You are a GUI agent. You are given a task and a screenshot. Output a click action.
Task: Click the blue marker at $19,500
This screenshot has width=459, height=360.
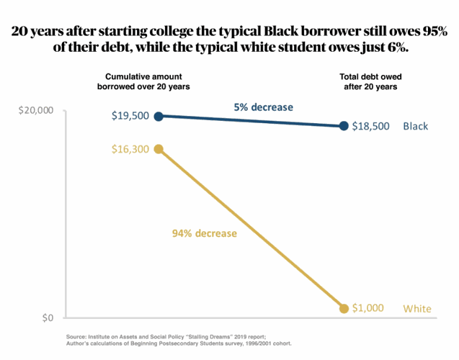(x=159, y=116)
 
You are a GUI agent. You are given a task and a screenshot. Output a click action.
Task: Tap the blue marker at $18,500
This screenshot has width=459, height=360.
(x=344, y=126)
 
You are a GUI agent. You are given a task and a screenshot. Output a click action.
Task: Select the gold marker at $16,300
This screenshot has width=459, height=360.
(x=159, y=149)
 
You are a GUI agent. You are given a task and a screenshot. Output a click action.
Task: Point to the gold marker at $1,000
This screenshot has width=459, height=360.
(x=344, y=308)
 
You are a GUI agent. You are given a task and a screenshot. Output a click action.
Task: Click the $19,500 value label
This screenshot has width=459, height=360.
(x=130, y=116)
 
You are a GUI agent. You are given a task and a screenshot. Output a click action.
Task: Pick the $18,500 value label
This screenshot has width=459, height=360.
(x=371, y=126)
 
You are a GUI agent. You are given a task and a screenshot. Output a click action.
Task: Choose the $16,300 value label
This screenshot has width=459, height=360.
(x=130, y=149)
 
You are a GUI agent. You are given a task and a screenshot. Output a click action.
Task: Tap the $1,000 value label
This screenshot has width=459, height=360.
(x=368, y=308)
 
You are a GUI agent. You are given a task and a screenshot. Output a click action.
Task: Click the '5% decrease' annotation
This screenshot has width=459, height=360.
(x=263, y=107)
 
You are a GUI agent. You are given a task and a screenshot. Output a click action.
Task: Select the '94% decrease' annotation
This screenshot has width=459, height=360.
(x=205, y=233)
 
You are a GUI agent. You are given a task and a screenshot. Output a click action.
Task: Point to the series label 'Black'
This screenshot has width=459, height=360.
(x=416, y=126)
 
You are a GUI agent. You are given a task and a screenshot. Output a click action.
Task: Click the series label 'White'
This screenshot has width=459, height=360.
(x=416, y=309)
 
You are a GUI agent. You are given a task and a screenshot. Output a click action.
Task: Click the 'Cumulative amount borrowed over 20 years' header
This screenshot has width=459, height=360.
(x=143, y=81)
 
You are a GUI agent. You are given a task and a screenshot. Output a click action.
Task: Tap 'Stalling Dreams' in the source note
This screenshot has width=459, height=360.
(x=208, y=337)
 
